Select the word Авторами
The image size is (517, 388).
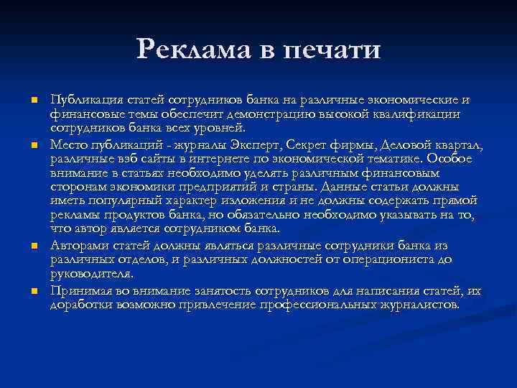pyautogui.click(x=80, y=246)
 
